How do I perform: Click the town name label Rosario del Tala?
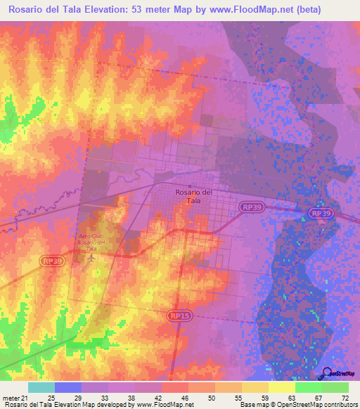(193, 196)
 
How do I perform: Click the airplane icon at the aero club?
(91, 259)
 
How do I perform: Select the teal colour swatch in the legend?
(41, 388)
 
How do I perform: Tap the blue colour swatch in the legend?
(68, 388)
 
